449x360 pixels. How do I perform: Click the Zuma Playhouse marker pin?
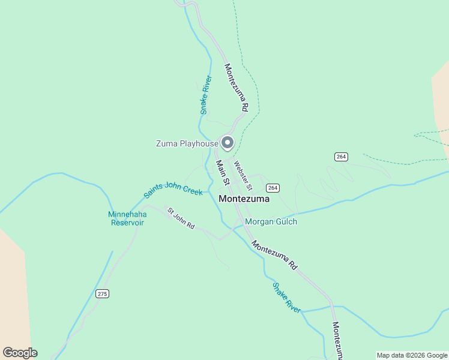pos(228,143)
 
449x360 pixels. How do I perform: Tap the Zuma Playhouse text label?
pos(187,143)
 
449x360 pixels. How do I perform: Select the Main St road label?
pos(223,172)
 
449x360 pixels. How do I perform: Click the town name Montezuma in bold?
pos(244,199)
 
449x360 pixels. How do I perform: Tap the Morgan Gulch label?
pos(271,221)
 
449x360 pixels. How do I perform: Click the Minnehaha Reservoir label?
pos(127,218)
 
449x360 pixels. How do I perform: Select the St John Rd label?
pos(181,218)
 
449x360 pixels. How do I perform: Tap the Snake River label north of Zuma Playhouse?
pos(206,95)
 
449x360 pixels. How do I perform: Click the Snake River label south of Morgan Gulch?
pos(286,298)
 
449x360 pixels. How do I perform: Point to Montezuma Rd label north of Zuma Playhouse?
pos(237,88)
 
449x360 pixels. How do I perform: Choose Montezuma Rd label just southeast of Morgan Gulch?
pos(274,255)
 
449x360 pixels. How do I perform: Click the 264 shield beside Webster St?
pos(273,188)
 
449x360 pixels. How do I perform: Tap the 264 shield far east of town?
pos(341,157)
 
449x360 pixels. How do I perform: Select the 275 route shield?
pos(102,293)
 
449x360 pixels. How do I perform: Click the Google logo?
pos(20,353)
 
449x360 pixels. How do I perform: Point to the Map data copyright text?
pos(412,355)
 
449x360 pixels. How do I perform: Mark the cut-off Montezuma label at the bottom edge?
pos(337,340)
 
